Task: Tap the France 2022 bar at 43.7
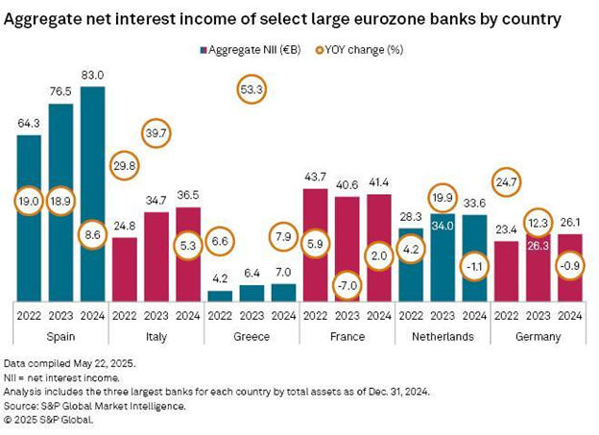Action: pos(316,240)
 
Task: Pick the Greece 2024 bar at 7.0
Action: pos(284,292)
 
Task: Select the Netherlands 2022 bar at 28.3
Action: pos(411,264)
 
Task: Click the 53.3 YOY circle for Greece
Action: pos(252,90)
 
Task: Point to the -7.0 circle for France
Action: pos(347,286)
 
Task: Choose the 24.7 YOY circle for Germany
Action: pos(506,178)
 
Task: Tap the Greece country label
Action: pos(252,337)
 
